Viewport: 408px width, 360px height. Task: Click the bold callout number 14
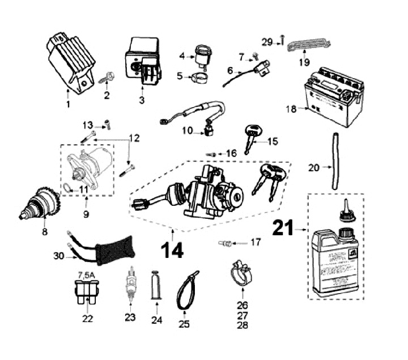[172, 249]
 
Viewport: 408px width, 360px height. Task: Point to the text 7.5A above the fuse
[87, 276]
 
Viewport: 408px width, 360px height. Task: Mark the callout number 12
[134, 138]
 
